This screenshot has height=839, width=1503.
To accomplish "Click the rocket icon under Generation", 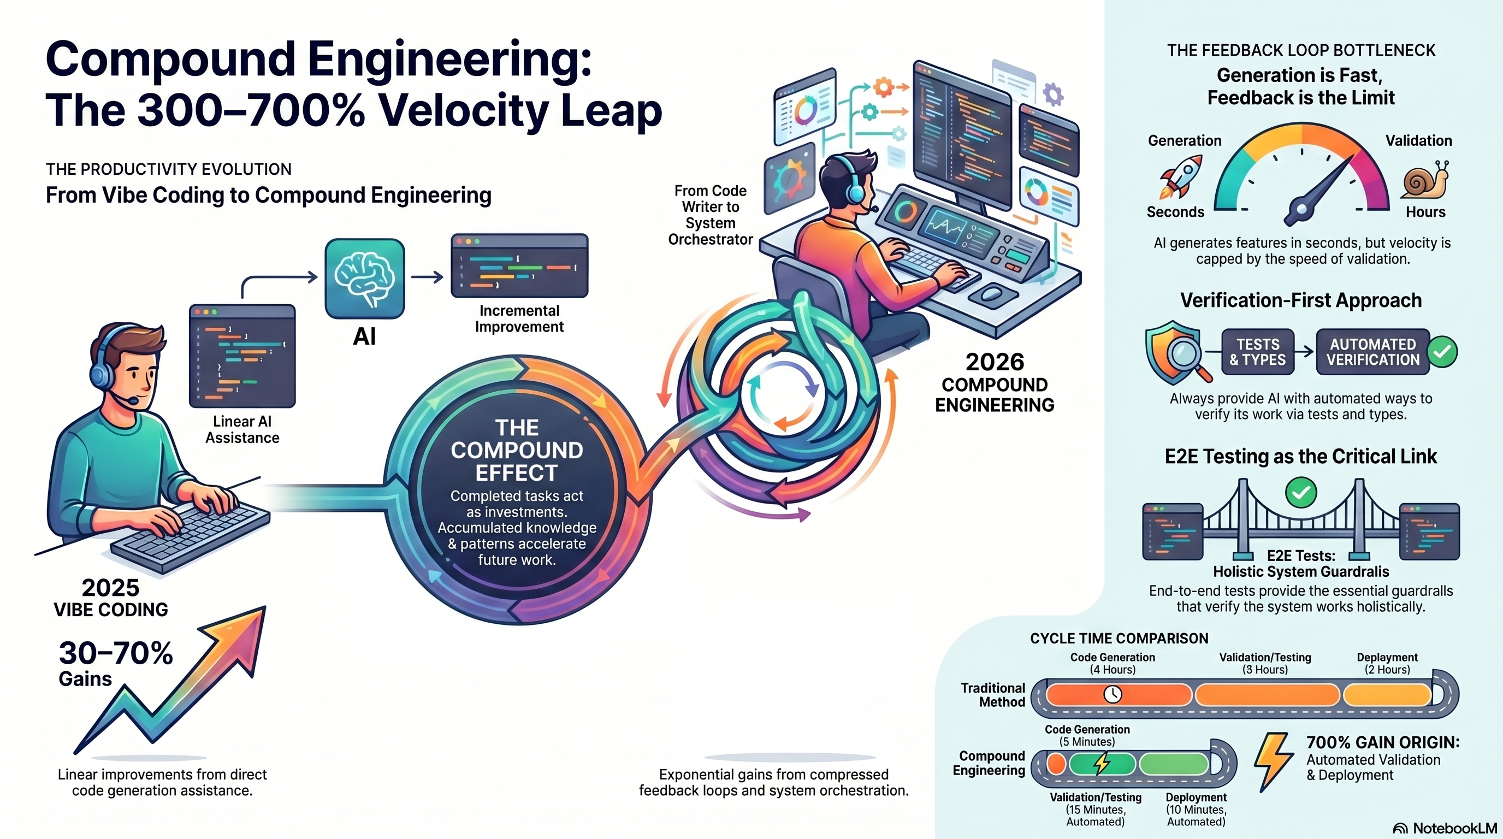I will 1181,177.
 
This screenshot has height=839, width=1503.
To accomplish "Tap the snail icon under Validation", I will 1425,180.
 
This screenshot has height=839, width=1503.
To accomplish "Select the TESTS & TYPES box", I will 1257,352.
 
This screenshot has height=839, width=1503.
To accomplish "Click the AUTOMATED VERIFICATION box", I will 1372,352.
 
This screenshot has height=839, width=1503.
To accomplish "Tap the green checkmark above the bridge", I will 1300,493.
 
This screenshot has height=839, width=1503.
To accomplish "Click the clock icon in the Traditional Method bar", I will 1113,694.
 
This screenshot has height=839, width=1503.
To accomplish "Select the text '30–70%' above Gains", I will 116,653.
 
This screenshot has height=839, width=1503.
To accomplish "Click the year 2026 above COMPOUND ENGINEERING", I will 994,362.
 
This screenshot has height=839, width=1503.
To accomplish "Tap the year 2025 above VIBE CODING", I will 110,588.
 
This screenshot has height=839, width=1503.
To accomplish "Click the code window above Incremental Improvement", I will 519,266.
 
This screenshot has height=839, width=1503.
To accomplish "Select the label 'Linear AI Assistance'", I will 242,429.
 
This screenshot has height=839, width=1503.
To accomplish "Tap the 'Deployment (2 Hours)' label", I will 1387,663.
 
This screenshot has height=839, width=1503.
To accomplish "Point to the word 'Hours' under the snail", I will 1425,212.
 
